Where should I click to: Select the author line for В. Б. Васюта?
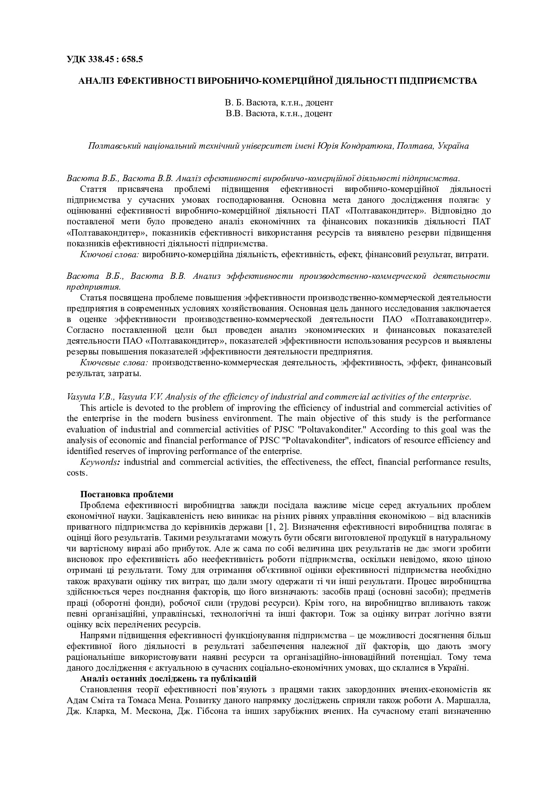(279, 103)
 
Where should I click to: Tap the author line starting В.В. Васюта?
(279, 114)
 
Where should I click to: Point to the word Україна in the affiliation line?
(453, 146)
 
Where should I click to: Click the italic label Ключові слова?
(110, 254)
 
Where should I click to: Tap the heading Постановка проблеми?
(126, 495)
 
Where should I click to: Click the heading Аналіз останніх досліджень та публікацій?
(168, 678)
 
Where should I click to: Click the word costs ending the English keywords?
(76, 473)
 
